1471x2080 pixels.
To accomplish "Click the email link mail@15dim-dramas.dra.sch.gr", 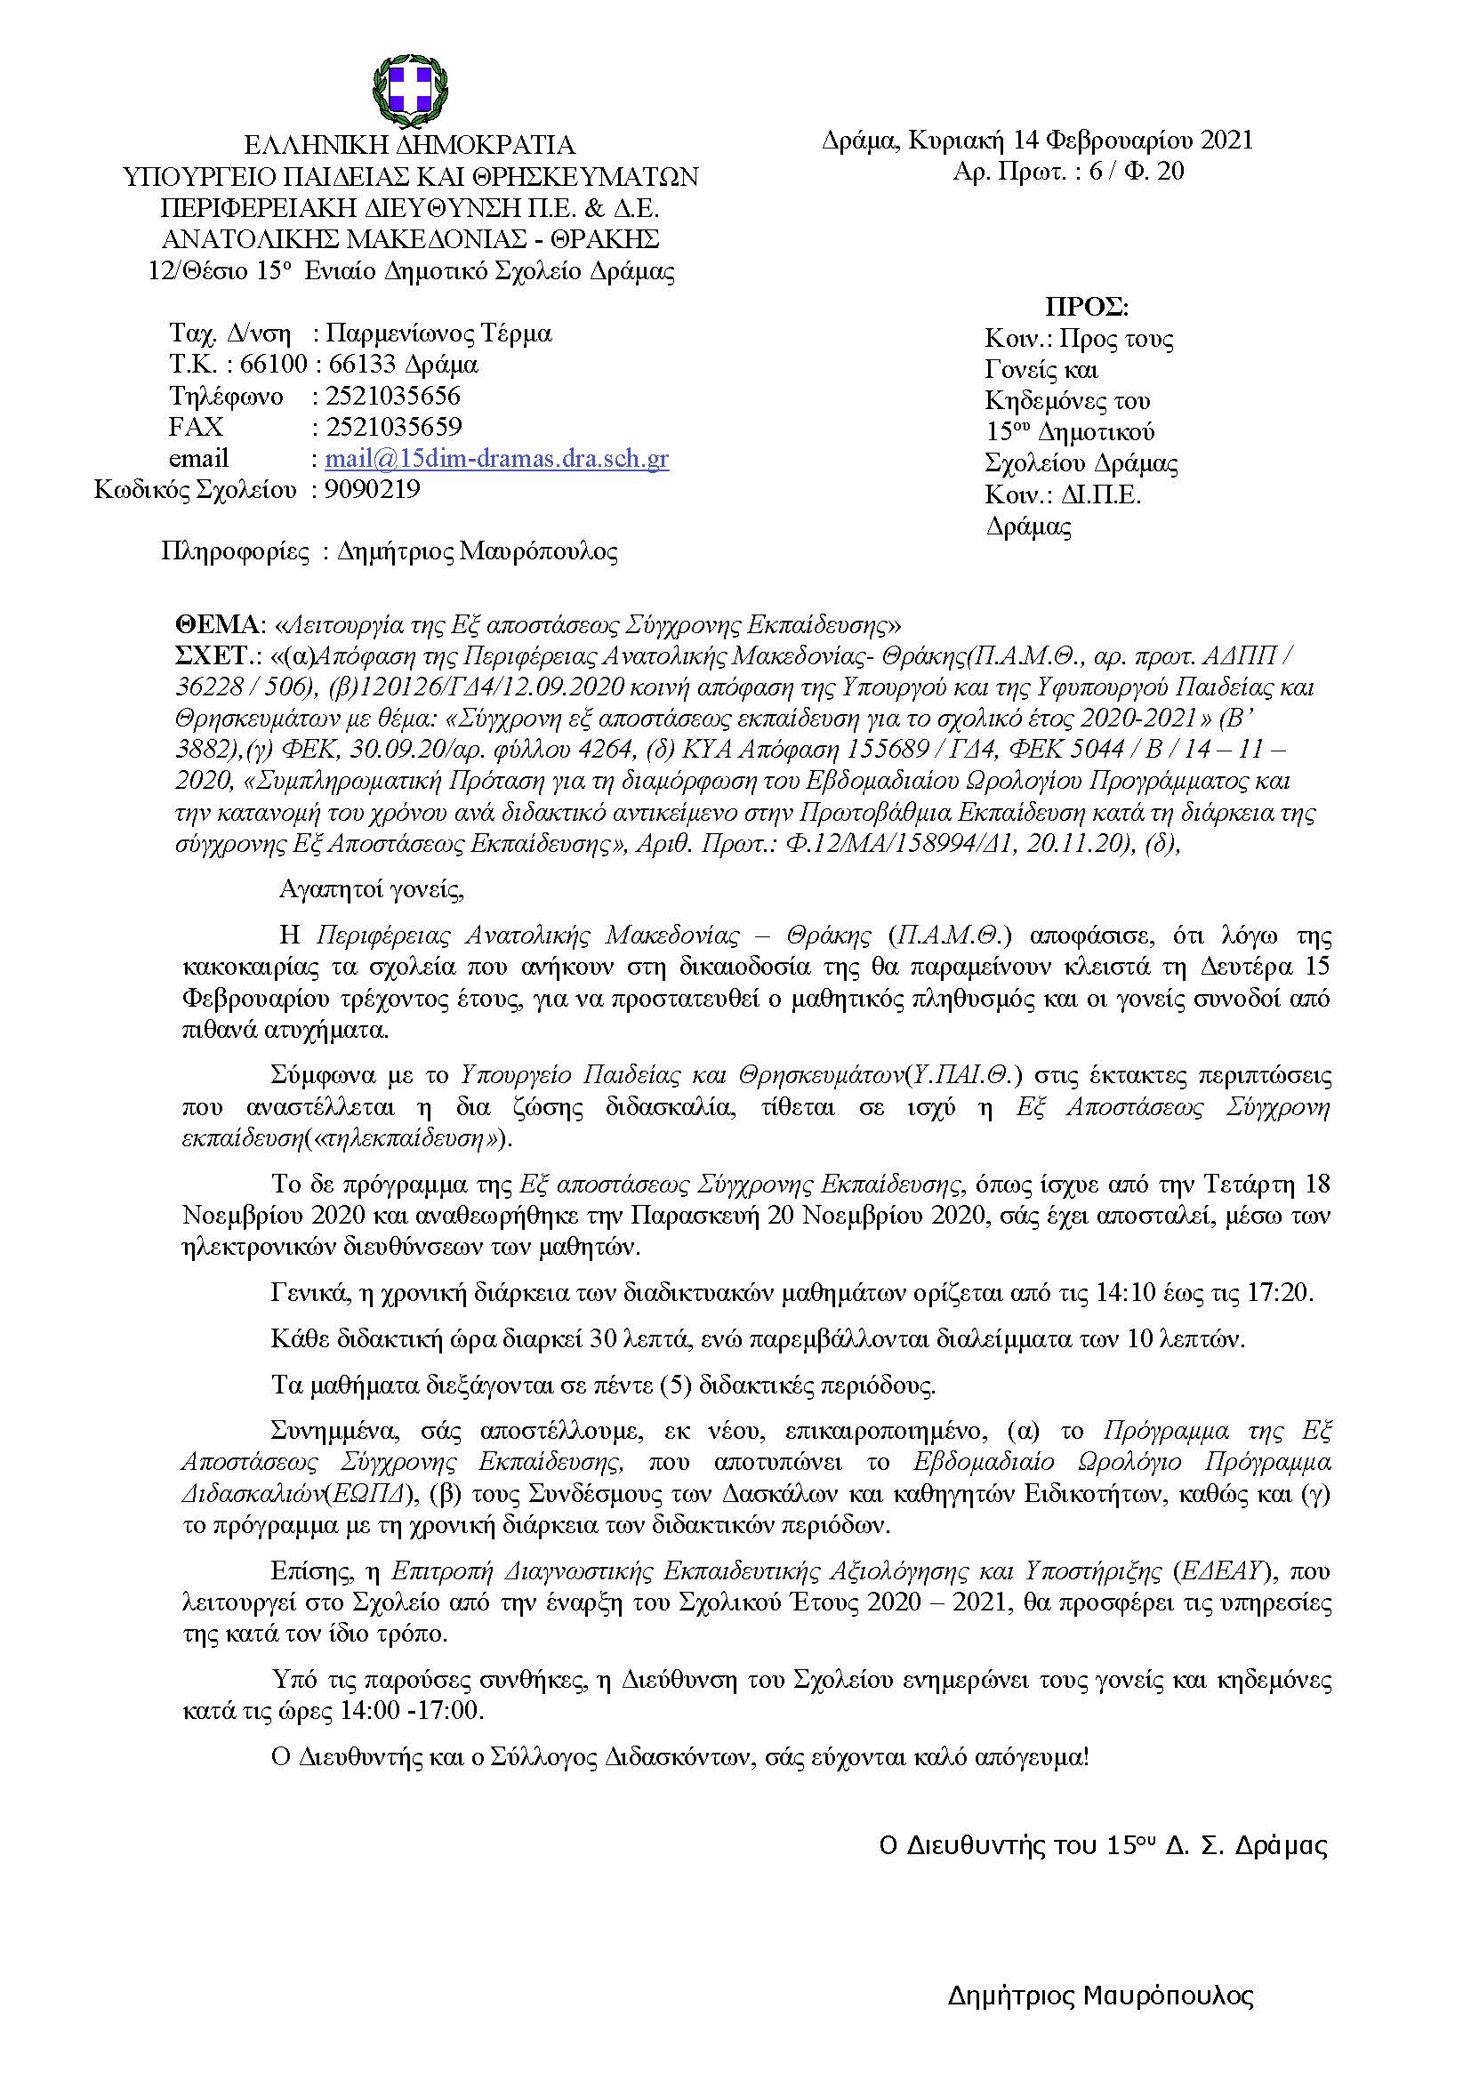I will [496, 458].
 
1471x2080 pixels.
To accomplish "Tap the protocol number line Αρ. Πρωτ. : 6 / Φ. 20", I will [1068, 172].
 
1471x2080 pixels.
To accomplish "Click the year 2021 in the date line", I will [1226, 141].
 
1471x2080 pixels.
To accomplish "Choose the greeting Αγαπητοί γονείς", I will [372, 888].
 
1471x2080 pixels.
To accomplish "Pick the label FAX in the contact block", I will [196, 427].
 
